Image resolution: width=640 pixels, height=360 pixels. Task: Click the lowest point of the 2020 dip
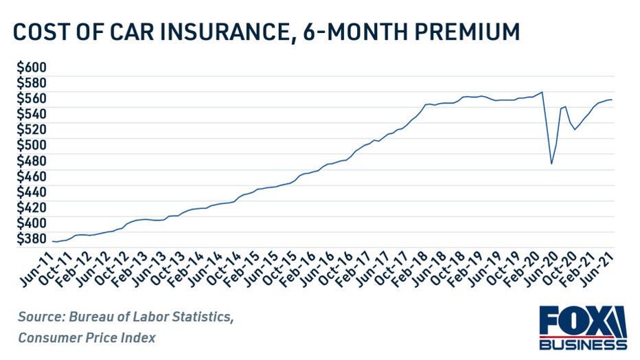[551, 164]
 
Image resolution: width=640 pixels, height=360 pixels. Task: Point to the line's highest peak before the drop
[542, 92]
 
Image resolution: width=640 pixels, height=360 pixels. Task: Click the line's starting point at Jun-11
[52, 241]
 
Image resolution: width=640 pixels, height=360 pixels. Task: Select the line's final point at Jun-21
[612, 100]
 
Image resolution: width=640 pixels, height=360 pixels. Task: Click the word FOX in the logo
[571, 321]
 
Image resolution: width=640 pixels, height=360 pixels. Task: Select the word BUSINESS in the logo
[582, 344]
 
